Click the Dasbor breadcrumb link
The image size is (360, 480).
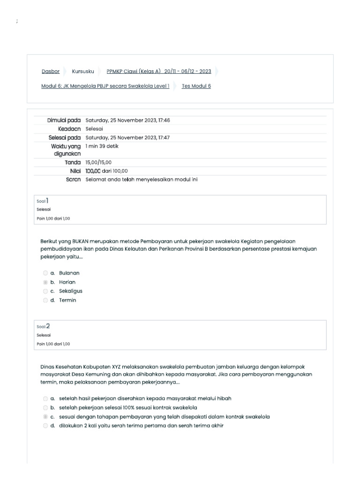tap(51, 71)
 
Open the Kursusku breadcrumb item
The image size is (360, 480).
tap(83, 71)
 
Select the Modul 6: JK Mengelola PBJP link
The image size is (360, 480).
tap(105, 86)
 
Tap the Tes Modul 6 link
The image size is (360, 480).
tap(196, 86)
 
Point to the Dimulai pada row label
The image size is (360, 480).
tap(64, 120)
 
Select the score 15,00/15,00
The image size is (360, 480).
tap(98, 162)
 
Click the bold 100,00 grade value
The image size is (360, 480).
tap(93, 171)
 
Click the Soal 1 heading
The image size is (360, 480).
tap(43, 201)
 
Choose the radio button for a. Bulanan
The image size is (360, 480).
tap(45, 273)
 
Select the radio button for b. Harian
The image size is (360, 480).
tap(45, 282)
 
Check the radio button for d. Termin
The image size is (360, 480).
tap(45, 300)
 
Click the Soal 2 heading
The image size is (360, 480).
tap(43, 326)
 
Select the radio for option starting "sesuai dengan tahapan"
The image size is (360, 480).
tap(45, 417)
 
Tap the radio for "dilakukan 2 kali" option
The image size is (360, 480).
tap(45, 426)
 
